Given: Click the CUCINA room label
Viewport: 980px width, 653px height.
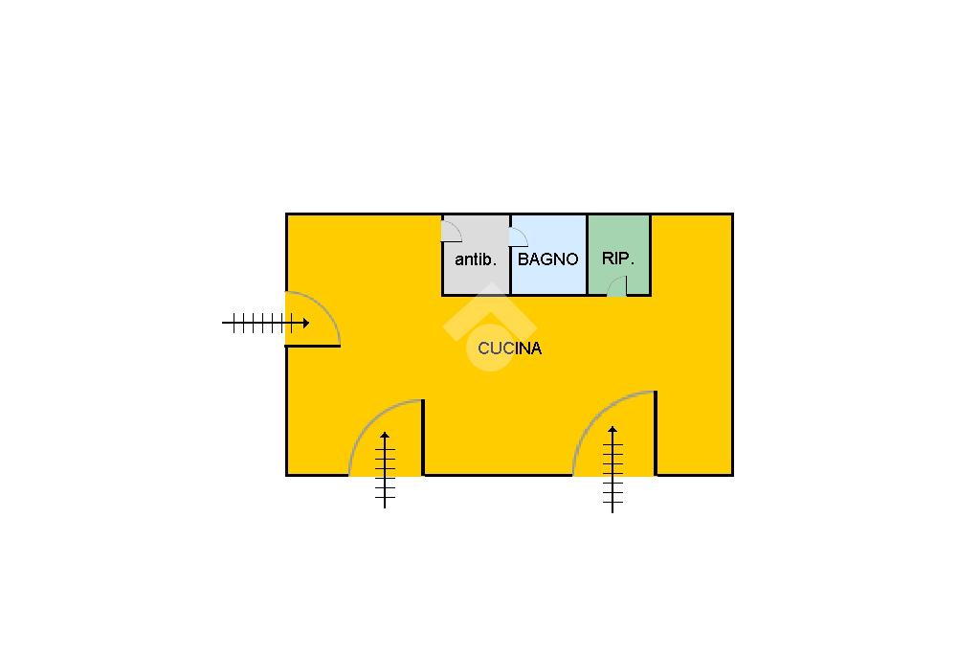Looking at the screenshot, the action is coord(509,349).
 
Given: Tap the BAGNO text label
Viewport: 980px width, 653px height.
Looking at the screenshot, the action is coord(548,259).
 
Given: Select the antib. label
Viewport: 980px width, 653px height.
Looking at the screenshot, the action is coord(476,259).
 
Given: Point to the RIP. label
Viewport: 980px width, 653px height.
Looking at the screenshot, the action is coord(618,259).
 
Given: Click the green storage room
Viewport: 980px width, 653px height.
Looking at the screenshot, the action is coord(619,255).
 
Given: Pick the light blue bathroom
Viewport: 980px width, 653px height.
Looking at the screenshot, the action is coord(548,255).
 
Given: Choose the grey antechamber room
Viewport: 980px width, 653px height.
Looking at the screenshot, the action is coord(477,255).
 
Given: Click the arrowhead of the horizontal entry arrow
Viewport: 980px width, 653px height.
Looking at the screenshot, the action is coord(306,324).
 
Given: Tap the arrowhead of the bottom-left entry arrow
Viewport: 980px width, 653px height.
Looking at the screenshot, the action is coord(385,434).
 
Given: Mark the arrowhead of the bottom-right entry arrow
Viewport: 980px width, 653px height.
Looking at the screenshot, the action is coord(612,429).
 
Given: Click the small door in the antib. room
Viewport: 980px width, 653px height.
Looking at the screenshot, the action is coord(452,231).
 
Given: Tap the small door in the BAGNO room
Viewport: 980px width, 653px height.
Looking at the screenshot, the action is coord(518,236).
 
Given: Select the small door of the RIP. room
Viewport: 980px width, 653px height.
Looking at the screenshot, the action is coord(617,286).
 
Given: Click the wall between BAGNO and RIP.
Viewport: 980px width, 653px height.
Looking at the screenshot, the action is coord(587,255).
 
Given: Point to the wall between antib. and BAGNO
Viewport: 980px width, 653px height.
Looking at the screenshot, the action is coord(511,255).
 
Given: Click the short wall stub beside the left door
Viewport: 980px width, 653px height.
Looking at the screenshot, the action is coord(313,346).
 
